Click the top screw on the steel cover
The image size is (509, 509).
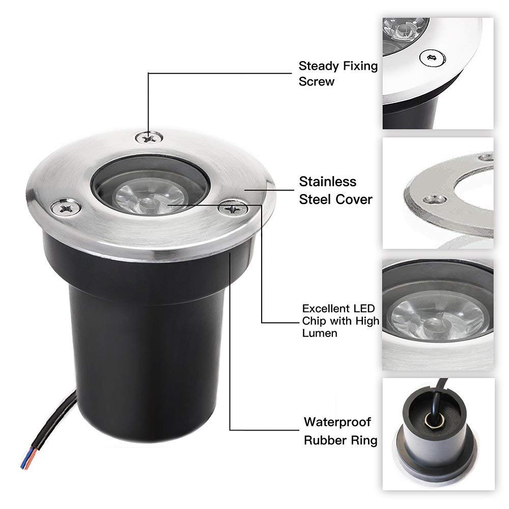[149, 136]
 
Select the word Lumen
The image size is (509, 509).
[319, 333]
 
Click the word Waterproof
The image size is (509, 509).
[337, 422]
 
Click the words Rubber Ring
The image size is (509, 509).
[341, 440]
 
